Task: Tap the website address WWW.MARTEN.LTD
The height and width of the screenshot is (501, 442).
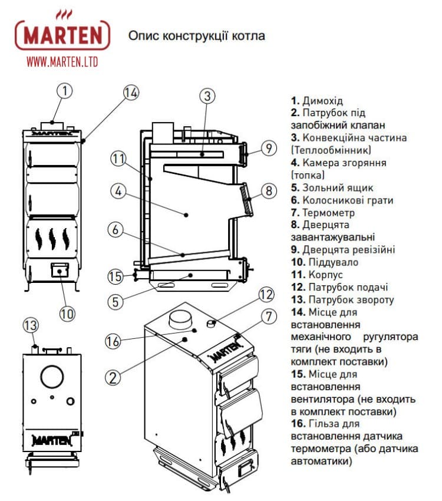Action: click(62, 61)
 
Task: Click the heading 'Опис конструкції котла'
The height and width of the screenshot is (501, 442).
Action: click(196, 36)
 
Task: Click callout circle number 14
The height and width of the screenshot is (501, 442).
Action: click(131, 93)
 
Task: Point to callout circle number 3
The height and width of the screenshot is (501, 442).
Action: click(205, 95)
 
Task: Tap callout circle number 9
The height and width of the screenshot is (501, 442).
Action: click(268, 149)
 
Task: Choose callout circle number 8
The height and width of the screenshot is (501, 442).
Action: click(268, 190)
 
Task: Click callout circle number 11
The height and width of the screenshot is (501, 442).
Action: click(118, 158)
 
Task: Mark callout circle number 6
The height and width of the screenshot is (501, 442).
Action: click(116, 230)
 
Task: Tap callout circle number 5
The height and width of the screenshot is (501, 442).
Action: click(116, 301)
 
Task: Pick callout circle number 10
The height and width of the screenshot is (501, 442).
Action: click(68, 313)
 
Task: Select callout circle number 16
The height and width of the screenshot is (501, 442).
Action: click(113, 340)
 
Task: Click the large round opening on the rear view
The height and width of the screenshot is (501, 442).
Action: click(53, 376)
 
